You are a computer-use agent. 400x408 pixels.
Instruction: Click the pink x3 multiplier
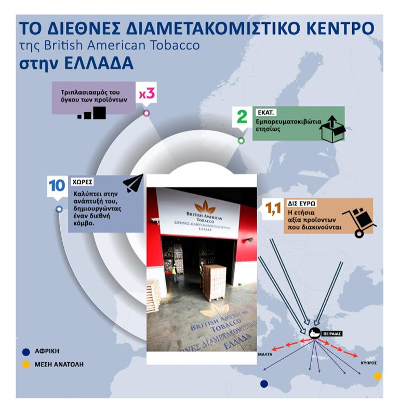[x=147, y=93]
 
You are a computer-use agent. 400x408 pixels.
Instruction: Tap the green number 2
[x=242, y=117]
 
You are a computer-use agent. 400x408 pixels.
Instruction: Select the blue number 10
[x=57, y=185]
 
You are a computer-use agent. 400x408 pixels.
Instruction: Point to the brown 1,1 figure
[x=273, y=209]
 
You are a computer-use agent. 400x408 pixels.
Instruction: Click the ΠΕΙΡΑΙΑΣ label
[x=332, y=334]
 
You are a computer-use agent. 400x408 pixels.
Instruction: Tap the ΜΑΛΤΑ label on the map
[x=265, y=355]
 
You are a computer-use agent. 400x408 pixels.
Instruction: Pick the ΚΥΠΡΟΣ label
[x=369, y=363]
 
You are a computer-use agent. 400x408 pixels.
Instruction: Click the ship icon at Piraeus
[x=315, y=333]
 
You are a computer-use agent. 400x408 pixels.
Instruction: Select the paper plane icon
[x=133, y=183]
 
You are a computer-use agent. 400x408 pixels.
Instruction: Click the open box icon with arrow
[x=332, y=129]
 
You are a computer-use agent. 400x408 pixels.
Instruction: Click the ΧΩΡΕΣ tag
[x=82, y=182]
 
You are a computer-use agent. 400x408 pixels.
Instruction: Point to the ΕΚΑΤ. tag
[x=265, y=113]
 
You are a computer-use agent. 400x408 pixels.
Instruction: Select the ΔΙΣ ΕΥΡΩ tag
[x=302, y=203]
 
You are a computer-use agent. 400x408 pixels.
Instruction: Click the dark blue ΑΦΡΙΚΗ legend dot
[x=26, y=352]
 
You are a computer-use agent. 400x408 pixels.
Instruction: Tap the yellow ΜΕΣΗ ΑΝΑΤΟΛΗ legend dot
[x=26, y=364]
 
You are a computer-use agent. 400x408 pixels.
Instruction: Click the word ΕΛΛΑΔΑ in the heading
[x=99, y=63]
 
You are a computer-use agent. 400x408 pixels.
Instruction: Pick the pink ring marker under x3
[x=146, y=113]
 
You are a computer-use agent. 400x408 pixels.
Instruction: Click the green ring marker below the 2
[x=242, y=141]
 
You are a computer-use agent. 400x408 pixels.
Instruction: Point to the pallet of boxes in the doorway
[x=214, y=282]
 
